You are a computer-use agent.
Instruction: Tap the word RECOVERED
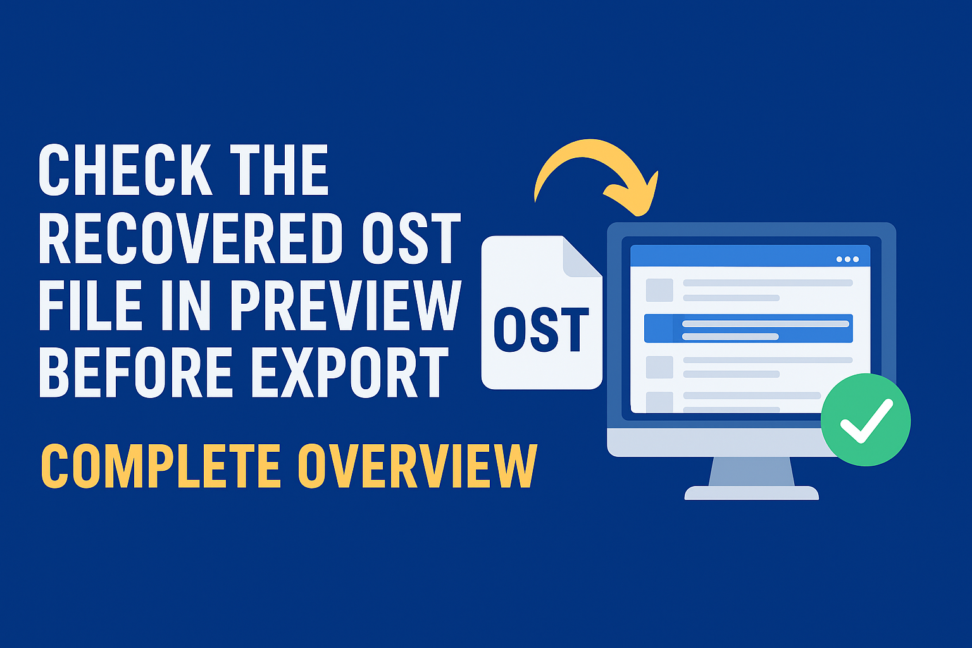[191, 238]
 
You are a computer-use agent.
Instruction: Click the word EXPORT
[351, 372]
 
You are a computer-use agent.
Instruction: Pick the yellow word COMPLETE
[161, 466]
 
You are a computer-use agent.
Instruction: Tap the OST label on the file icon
[541, 330]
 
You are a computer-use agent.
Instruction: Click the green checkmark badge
[866, 420]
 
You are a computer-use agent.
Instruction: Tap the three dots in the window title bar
[847, 259]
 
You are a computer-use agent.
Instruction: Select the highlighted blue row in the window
[749, 328]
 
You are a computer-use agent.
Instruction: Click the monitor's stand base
[752, 493]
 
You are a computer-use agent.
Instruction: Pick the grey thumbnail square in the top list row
[659, 290]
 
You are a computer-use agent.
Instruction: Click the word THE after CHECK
[279, 170]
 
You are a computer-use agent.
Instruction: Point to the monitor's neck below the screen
[752, 471]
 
